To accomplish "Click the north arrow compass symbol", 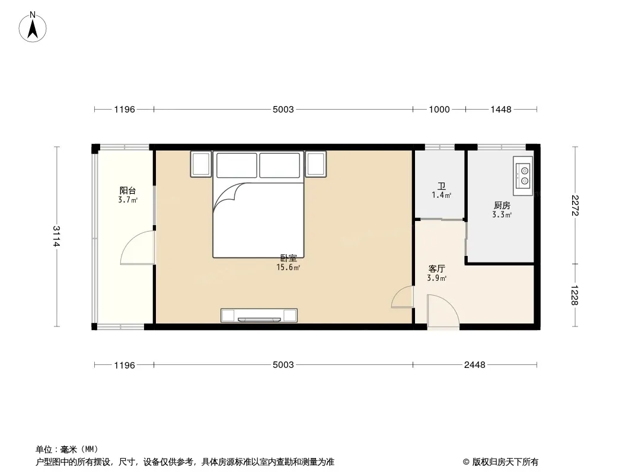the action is pos(33,27).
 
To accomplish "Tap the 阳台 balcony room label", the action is pos(127,190).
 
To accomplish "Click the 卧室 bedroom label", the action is pos(289,258).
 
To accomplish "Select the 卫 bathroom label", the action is pos(442,187).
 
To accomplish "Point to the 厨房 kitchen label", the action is pos(502,206).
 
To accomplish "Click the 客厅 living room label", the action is pos(436,268).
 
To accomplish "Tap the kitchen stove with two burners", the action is pos(523,176).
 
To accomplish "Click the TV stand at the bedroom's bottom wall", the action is pos(259,315).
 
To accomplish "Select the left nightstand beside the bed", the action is pos(201,164).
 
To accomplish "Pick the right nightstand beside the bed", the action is pos(315,164).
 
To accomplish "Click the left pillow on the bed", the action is pos(237,165).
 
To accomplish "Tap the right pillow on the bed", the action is pos(280,165).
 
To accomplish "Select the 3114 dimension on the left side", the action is pos(56,236).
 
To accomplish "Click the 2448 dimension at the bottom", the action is pos(475,365).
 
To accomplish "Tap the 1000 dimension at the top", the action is pos(439,109).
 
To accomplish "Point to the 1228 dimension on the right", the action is pos(574,295).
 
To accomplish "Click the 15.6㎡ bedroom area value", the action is pos(288,267).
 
